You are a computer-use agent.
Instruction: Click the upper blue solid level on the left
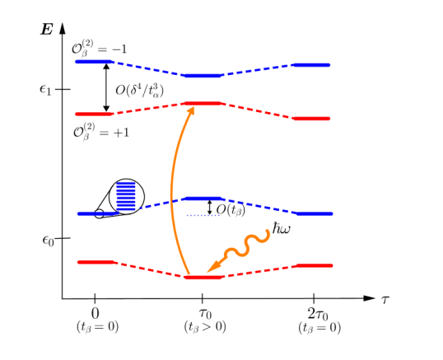tap(93, 62)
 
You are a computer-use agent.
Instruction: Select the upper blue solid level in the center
tap(202, 76)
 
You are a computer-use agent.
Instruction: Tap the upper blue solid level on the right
tap(311, 64)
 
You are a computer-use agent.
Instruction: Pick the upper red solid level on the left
tap(93, 114)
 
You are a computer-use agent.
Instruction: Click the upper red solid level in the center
tap(202, 104)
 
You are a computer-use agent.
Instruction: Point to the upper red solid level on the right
tap(311, 119)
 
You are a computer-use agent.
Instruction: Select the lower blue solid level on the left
tap(97, 213)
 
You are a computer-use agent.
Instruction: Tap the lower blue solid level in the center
tap(202, 199)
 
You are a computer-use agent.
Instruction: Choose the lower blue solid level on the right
tap(315, 213)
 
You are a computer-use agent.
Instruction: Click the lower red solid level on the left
tap(95, 262)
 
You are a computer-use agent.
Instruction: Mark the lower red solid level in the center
tap(202, 278)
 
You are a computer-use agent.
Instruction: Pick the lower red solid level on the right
tap(315, 265)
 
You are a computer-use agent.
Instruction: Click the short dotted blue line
tap(203, 215)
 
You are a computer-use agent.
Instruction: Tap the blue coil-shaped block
tap(126, 196)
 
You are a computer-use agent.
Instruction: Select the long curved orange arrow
tap(172, 189)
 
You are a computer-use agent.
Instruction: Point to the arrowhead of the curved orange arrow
tap(191, 111)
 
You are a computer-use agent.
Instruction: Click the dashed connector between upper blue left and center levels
tap(147, 68)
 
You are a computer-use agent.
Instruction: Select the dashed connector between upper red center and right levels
tap(257, 111)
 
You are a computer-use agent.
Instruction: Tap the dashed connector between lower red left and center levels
tap(148, 269)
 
